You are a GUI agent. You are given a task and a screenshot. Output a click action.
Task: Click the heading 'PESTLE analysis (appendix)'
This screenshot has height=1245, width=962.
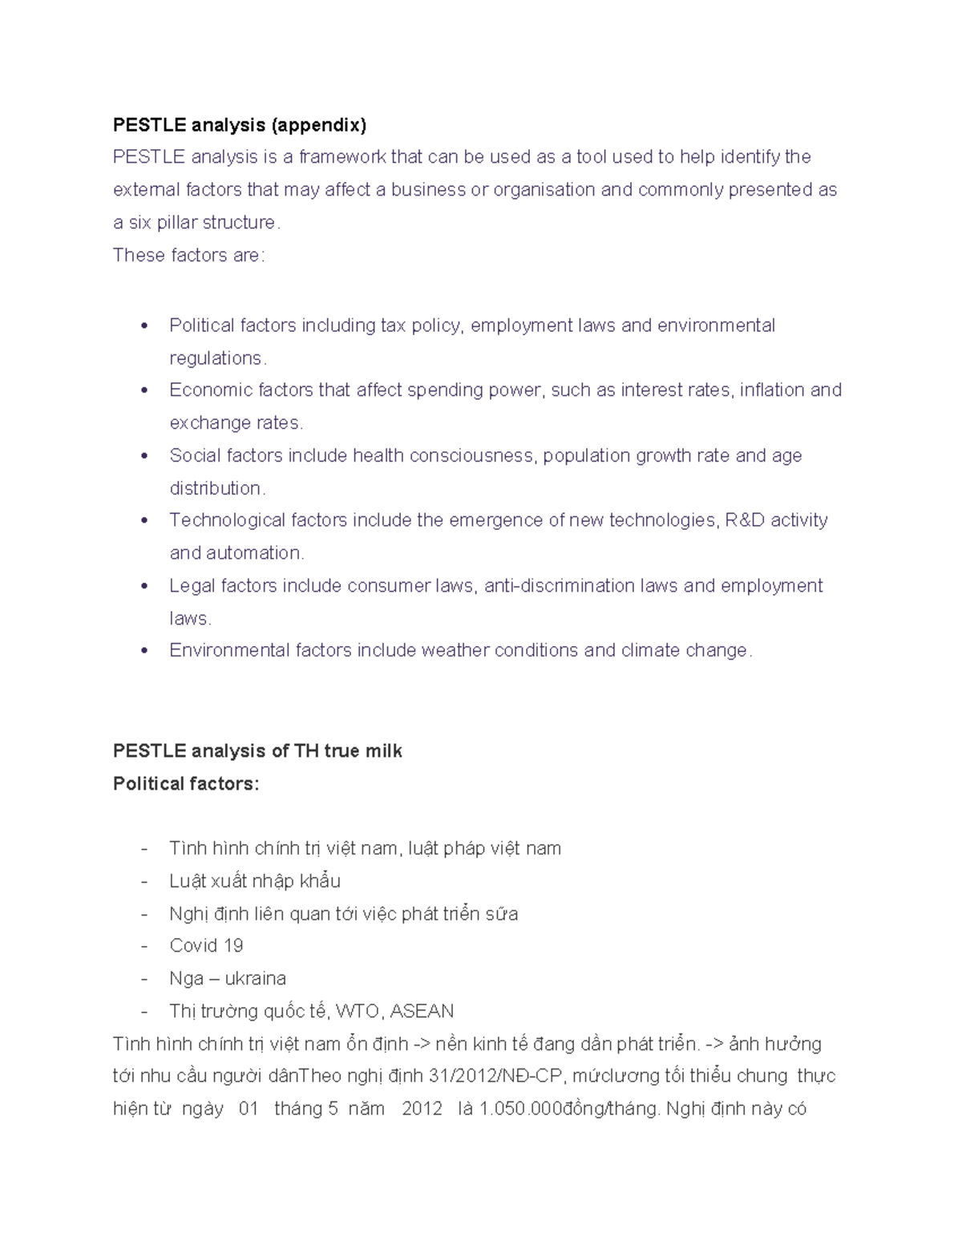click(239, 125)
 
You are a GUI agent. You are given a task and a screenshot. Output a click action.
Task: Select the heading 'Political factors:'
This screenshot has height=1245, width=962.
click(186, 784)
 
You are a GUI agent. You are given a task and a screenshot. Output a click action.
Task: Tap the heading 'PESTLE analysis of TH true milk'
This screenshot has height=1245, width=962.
click(257, 751)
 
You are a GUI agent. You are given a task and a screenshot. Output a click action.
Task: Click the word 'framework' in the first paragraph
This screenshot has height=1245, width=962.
click(342, 157)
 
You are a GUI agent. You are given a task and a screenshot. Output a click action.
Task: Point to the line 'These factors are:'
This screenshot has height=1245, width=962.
click(188, 256)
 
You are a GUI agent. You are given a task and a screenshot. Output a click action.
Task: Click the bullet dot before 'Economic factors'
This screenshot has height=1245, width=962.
click(144, 391)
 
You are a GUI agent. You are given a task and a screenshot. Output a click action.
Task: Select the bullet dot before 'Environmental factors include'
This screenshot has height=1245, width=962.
click(144, 651)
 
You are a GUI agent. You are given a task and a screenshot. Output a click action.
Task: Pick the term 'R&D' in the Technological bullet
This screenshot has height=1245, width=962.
click(745, 521)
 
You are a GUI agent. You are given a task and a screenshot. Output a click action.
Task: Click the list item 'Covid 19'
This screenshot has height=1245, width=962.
click(206, 946)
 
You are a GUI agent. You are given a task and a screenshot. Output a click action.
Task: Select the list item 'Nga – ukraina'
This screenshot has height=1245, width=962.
click(228, 979)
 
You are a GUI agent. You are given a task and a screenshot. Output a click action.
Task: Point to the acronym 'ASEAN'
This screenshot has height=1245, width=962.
click(422, 1012)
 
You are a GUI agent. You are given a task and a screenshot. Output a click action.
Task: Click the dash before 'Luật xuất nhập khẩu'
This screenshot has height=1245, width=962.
click(144, 882)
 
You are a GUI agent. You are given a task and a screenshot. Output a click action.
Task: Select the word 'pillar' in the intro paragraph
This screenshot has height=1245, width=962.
click(177, 223)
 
